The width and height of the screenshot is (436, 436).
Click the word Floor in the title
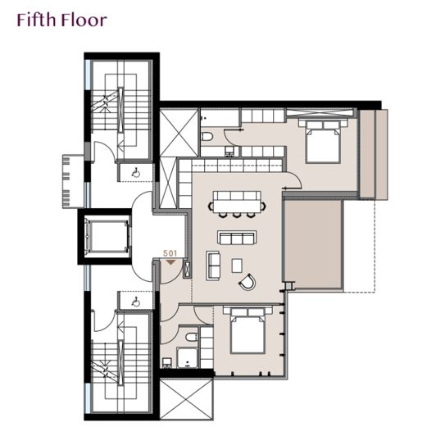[84, 20]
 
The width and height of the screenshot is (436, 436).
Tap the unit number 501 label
[170, 253]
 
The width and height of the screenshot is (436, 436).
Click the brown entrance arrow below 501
[170, 262]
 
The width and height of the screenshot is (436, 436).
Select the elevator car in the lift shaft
[107, 236]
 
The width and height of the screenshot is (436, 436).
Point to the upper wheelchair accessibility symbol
[136, 173]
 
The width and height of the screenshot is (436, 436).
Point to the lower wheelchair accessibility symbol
[136, 302]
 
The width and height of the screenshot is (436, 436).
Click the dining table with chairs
[237, 204]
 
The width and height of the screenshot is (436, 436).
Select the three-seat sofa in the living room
[237, 238]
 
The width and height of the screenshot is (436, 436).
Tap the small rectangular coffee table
[237, 266]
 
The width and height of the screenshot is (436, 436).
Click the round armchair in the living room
[248, 282]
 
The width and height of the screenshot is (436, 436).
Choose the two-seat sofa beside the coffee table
[213, 266]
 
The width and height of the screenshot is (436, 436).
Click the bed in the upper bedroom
[323, 141]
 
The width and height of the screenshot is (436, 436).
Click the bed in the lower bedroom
[248, 330]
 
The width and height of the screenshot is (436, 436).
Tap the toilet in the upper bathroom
[207, 137]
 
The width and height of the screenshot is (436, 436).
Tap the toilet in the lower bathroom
[191, 337]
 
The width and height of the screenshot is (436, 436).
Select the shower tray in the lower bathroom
[188, 357]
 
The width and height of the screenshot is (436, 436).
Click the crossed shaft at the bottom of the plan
[187, 399]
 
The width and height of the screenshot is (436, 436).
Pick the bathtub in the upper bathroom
[220, 118]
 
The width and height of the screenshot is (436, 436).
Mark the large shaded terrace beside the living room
[313, 245]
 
